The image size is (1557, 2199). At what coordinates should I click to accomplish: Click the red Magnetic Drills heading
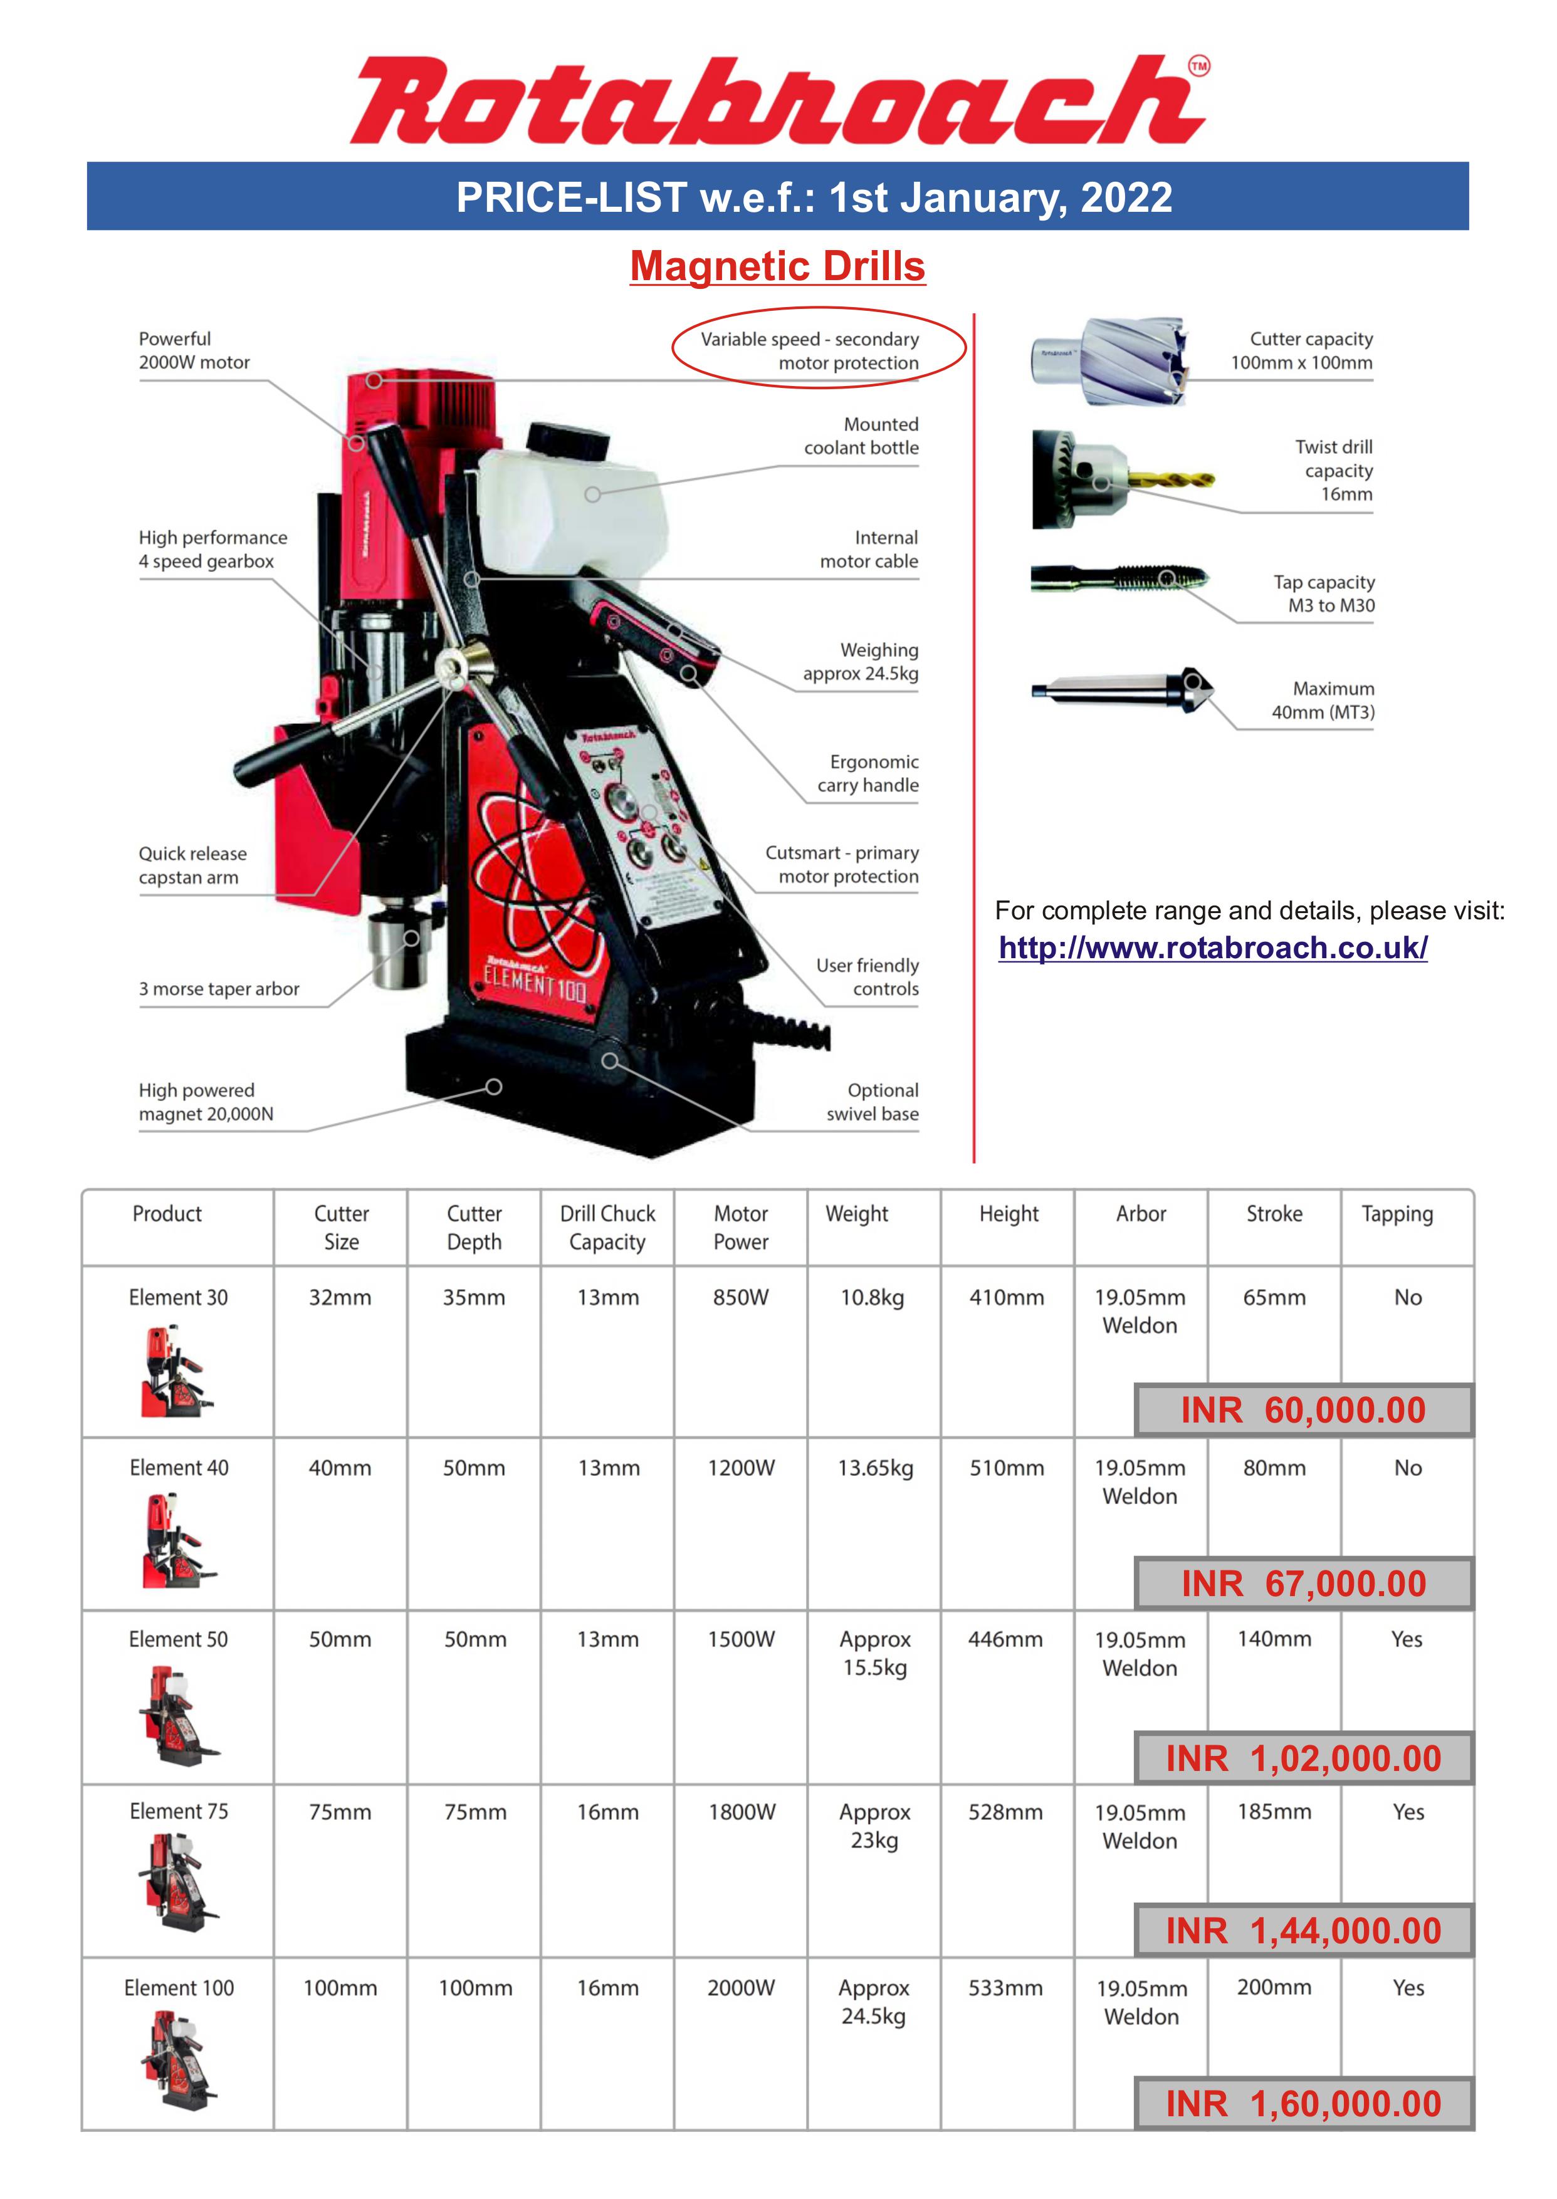click(x=777, y=266)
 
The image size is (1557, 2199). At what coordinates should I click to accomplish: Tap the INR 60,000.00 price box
click(x=1303, y=1410)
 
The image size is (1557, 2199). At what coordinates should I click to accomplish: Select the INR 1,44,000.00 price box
click(x=1303, y=1931)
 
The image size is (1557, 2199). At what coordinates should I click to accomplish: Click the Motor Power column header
click(x=741, y=1227)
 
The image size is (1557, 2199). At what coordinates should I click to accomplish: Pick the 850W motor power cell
click(x=741, y=1297)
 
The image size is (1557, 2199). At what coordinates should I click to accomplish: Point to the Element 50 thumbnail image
click(x=178, y=1715)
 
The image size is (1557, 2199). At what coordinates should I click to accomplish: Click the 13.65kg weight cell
click(x=874, y=1468)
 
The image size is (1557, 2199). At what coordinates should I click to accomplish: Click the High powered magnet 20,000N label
click(x=206, y=1102)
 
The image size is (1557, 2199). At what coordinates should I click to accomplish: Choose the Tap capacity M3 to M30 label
click(x=1324, y=593)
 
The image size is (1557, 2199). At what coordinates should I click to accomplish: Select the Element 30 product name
click(x=178, y=1297)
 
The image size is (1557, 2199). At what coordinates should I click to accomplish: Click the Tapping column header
click(x=1397, y=1214)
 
